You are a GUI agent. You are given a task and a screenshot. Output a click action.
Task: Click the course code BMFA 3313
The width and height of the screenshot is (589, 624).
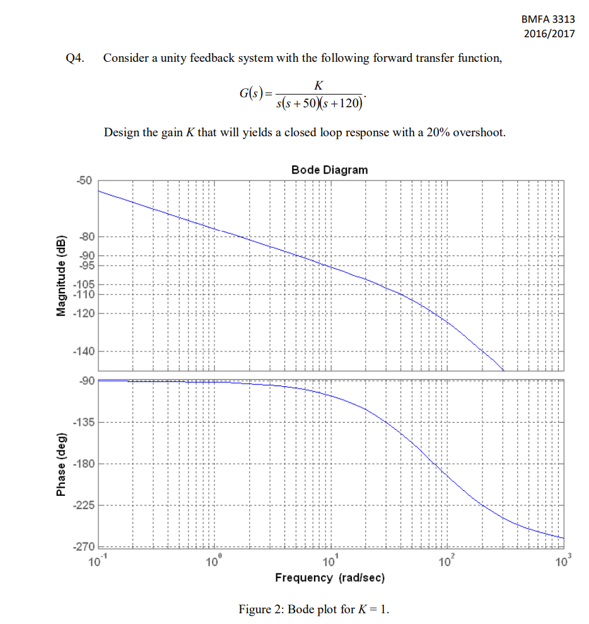click(x=549, y=20)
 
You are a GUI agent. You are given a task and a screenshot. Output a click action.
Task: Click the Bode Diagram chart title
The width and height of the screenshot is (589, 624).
click(x=329, y=170)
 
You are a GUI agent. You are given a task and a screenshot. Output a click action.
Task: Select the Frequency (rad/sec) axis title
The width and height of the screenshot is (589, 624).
click(x=330, y=577)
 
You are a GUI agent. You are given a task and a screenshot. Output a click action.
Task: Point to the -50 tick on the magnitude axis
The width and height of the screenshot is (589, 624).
click(x=85, y=180)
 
